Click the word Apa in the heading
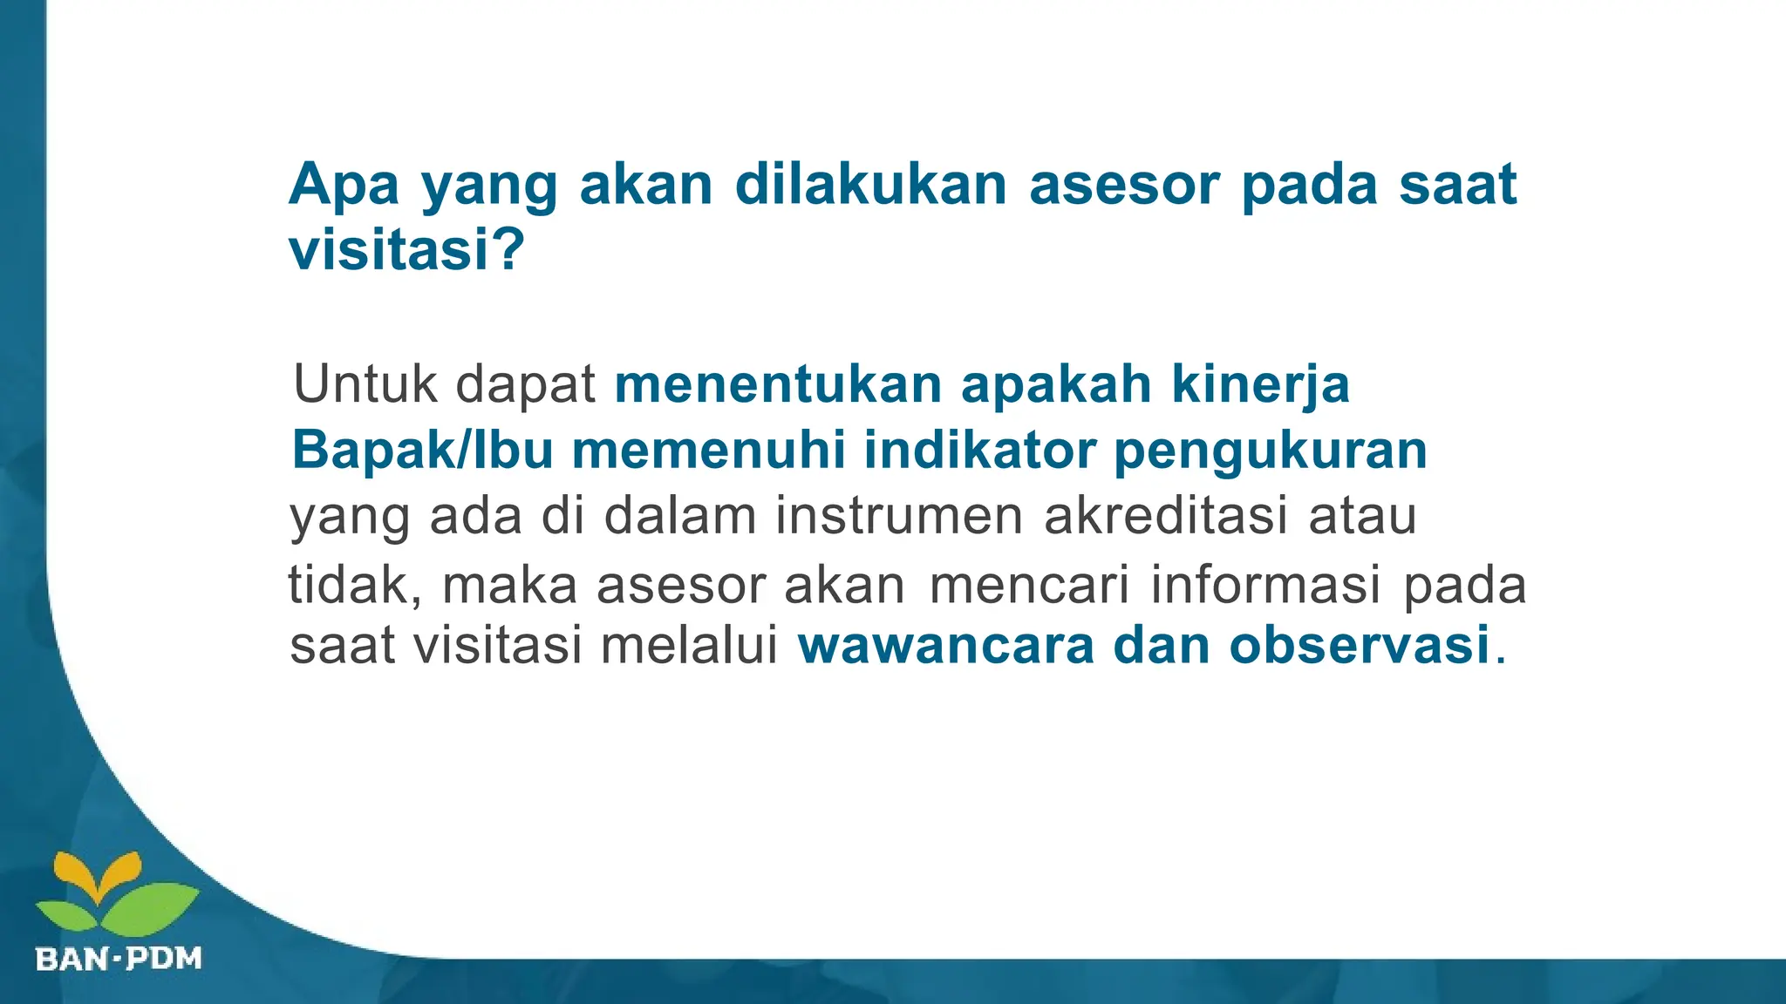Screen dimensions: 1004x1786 [x=344, y=185]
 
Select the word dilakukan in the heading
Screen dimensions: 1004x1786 [x=870, y=185]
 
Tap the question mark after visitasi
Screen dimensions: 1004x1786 [x=508, y=250]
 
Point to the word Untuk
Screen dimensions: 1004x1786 [x=365, y=383]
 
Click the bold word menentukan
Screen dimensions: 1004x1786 [x=778, y=383]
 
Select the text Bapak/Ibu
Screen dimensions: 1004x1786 [x=422, y=451]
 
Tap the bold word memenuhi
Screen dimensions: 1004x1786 [x=709, y=451]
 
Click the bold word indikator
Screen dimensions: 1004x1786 [x=979, y=451]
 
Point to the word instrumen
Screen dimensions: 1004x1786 [x=899, y=516]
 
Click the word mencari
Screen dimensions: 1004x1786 [x=1030, y=585]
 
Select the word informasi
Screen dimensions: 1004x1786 [x=1266, y=585]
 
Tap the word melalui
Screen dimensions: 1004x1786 [x=690, y=647]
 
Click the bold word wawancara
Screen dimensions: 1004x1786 [x=946, y=647]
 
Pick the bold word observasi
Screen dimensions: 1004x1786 [x=1360, y=647]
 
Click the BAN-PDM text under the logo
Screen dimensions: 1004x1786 [x=119, y=960]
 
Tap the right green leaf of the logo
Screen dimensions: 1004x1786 [x=150, y=907]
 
